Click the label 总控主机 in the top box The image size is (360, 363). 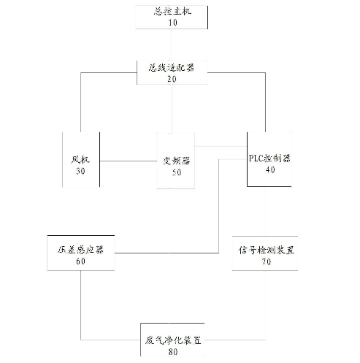tap(172, 12)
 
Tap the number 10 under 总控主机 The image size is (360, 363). tap(172, 23)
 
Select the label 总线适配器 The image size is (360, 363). tap(172, 67)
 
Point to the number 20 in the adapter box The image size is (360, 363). tap(172, 79)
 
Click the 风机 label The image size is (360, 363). tap(80, 160)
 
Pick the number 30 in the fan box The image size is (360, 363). tap(80, 171)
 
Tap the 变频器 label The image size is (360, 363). tap(177, 161)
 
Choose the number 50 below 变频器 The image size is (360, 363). tap(177, 172)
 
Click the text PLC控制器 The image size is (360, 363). tap(269, 158)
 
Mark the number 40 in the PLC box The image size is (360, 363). tap(270, 169)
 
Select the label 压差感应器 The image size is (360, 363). tap(80, 250)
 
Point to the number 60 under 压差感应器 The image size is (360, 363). tap(80, 261)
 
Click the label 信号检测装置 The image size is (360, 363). tap(267, 251)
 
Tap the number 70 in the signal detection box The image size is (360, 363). tap(267, 261)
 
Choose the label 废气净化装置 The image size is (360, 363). tap(173, 340)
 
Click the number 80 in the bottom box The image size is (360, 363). tap(173, 352)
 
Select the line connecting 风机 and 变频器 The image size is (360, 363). tap(129, 161)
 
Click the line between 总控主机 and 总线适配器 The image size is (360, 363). tap(172, 45)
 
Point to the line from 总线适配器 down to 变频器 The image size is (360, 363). tap(172, 109)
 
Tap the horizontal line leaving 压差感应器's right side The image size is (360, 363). tap(166, 253)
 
